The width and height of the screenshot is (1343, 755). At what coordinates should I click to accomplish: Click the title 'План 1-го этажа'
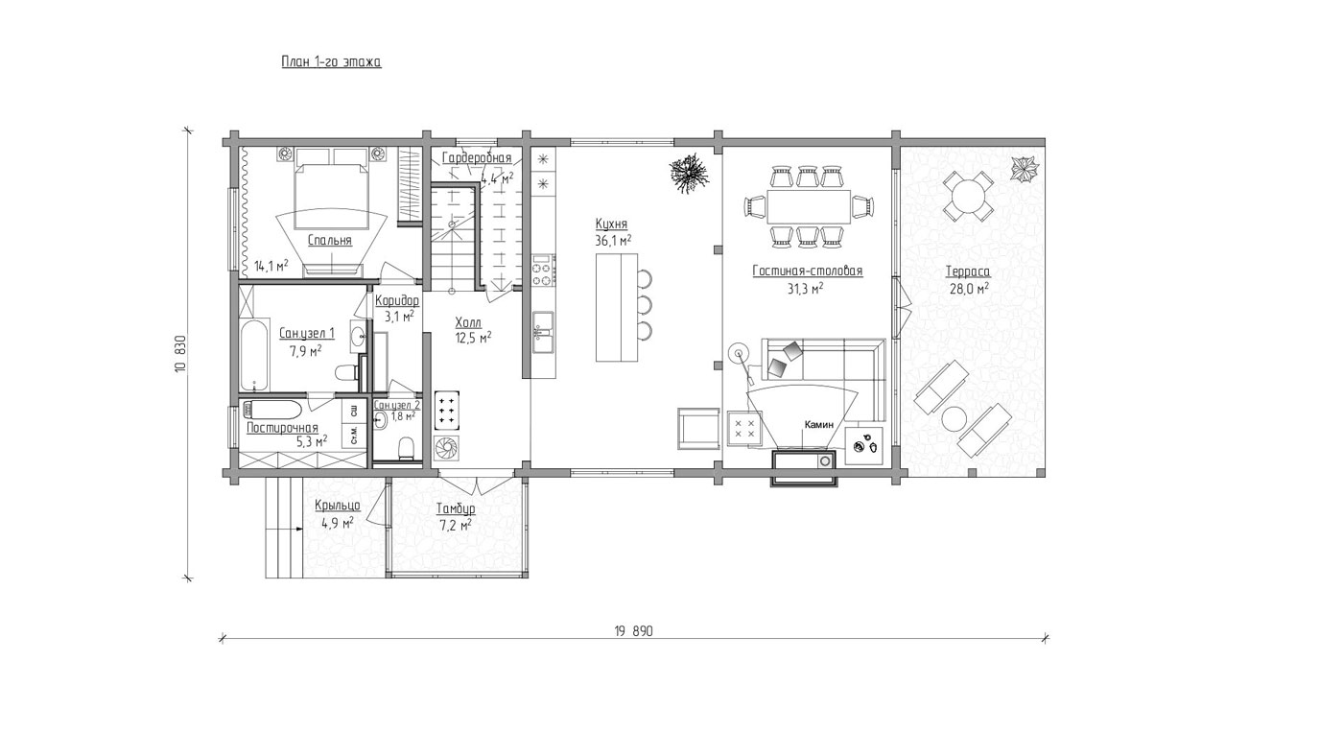(331, 61)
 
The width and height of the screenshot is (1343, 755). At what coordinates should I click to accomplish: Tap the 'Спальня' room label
(330, 241)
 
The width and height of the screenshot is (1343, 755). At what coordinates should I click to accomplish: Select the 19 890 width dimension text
(633, 631)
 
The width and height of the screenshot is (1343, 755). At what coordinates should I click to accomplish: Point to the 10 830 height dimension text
(181, 354)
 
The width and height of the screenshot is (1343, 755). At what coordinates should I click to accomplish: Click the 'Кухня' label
(611, 224)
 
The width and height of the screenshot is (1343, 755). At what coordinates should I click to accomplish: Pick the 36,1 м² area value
(613, 241)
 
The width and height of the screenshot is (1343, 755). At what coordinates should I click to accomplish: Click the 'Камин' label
(819, 425)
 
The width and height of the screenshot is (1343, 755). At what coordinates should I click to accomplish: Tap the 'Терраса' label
(968, 272)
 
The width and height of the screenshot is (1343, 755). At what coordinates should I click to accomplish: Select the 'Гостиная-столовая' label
(808, 271)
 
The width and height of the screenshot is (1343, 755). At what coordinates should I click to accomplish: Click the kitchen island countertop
(616, 307)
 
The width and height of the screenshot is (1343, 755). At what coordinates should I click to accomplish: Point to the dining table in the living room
(809, 206)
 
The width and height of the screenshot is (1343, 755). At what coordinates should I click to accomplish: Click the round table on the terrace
(967, 195)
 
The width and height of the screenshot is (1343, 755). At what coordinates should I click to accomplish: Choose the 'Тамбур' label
(456, 509)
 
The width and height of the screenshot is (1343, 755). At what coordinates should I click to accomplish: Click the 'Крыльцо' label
(338, 506)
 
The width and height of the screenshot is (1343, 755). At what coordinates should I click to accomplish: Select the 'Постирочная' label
(282, 428)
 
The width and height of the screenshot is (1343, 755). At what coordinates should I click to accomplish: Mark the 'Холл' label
(468, 323)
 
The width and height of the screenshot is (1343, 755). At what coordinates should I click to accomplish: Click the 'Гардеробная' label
(478, 158)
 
